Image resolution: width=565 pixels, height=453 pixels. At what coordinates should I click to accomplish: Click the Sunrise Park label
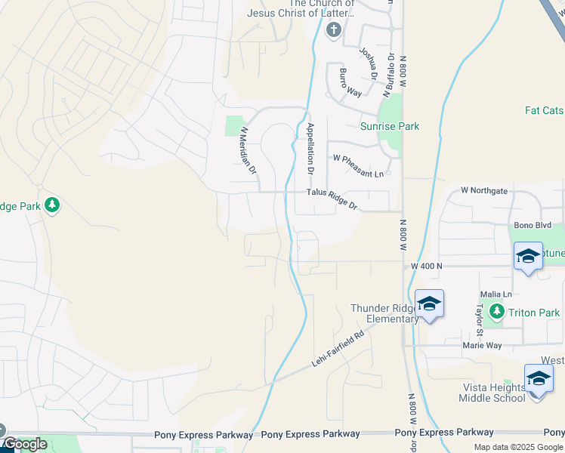(389, 126)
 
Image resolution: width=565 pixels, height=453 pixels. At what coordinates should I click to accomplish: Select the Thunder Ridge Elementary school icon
(429, 304)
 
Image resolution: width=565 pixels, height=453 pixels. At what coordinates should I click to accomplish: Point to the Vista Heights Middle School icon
(538, 378)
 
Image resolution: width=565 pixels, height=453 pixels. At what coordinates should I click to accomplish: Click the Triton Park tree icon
(496, 312)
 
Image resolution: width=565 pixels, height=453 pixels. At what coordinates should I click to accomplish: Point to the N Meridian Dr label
(249, 150)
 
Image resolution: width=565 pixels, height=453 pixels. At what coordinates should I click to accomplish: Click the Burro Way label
(350, 82)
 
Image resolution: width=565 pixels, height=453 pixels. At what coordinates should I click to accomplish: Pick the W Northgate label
(483, 191)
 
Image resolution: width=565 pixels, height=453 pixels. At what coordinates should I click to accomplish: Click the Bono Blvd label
(533, 225)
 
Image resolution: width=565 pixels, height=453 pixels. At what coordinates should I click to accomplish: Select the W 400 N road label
(426, 266)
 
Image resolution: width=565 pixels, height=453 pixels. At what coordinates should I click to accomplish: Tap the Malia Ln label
(496, 294)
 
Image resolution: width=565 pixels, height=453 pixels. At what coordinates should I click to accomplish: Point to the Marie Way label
(483, 345)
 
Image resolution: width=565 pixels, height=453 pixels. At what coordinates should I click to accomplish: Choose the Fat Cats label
(544, 110)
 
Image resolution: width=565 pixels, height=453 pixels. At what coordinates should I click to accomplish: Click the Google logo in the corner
(24, 444)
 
